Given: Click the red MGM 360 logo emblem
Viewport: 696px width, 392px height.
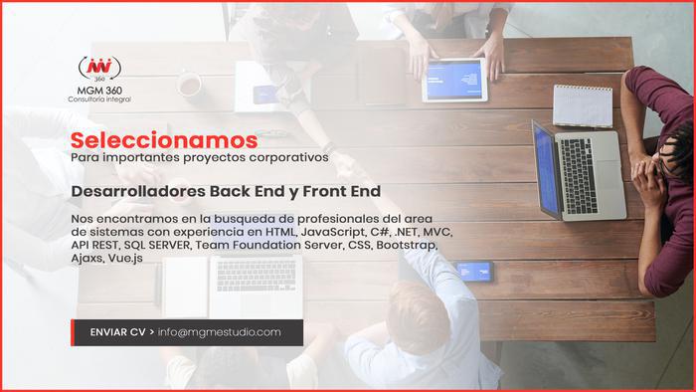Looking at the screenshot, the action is pos(99,69).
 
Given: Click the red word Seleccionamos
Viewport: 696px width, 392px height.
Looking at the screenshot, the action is pos(164,140).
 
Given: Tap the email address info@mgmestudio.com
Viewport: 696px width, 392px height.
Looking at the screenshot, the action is pos(220,332).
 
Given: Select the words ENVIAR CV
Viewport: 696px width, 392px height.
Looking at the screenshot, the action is pos(117,332).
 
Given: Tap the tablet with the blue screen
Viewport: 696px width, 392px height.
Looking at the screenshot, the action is pos(453,80).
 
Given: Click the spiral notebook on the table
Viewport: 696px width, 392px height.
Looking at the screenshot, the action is pos(583,105).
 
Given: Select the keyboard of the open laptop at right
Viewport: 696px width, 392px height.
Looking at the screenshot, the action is pos(578,176).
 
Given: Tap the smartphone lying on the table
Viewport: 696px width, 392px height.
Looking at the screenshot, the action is pos(474,272).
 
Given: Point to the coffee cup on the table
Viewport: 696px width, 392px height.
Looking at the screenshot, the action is pos(190,84).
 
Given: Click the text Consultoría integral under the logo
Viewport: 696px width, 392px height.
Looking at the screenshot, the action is pos(99,99).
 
